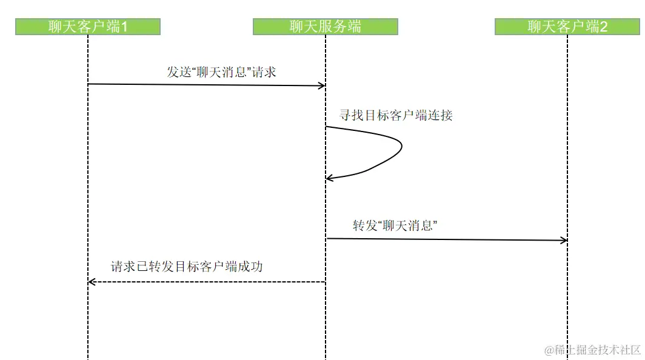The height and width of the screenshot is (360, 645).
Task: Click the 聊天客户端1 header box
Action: pos(88,27)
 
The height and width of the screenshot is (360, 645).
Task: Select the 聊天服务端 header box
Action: pos(326,27)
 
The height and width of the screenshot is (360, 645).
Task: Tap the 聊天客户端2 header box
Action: pos(567,27)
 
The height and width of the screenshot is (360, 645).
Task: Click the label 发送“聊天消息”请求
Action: pos(221,72)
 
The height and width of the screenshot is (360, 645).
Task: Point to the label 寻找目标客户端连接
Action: pos(396,115)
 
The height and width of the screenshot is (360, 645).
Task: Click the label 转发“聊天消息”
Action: pos(395,225)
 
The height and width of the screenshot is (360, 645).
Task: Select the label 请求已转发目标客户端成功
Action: pos(187,266)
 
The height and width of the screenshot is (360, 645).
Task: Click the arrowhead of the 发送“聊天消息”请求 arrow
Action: pos(322,85)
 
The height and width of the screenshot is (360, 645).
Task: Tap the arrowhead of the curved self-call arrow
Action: pos(329,178)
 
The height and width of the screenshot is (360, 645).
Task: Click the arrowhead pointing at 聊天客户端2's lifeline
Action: pos(564,241)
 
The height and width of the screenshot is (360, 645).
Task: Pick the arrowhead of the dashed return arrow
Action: pos(92,282)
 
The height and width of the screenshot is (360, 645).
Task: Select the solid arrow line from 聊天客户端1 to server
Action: pos(206,85)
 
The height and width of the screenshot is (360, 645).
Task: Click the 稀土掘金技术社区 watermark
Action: pos(592,350)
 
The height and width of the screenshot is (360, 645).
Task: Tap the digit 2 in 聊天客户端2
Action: pos(603,27)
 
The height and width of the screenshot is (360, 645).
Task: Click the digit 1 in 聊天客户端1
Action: pos(124,27)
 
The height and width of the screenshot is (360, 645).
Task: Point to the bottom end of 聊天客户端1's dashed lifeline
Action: pos(88,357)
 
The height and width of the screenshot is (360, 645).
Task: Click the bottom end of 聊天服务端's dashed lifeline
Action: pos(326,357)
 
